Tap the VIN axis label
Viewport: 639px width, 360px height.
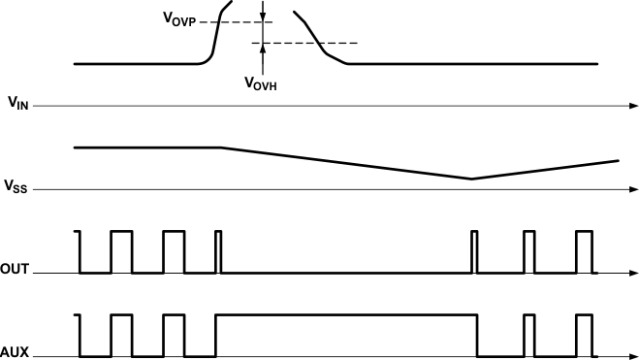point(17,103)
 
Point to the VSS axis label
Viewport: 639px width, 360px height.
point(17,185)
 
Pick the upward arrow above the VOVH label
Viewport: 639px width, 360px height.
point(262,51)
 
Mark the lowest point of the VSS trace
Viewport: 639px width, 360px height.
point(472,179)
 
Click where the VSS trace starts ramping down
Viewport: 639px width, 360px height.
point(222,147)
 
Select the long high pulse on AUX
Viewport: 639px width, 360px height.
point(346,314)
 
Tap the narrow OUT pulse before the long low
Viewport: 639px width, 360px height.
point(218,251)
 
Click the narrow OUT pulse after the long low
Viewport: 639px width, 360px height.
point(474,251)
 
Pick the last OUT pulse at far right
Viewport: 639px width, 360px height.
point(583,251)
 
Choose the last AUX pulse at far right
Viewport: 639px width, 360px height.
point(583,334)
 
